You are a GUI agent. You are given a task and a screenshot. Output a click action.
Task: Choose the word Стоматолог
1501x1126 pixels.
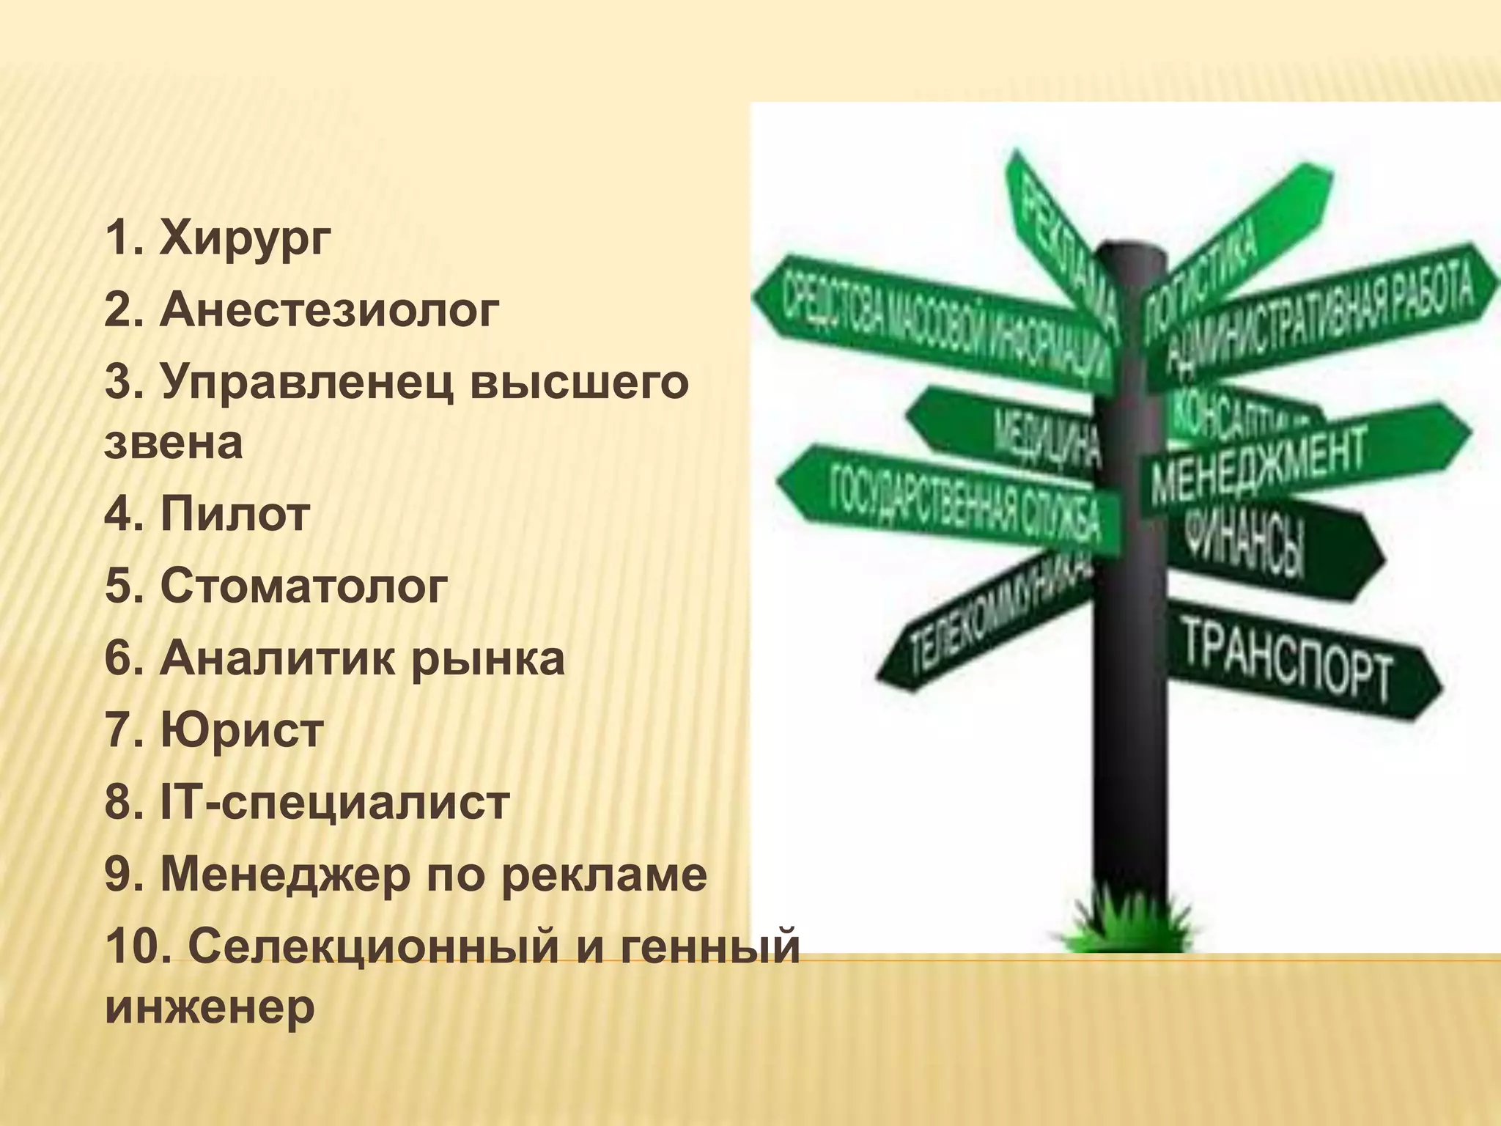click(x=303, y=586)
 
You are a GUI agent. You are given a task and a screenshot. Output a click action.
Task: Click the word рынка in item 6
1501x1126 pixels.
click(x=487, y=658)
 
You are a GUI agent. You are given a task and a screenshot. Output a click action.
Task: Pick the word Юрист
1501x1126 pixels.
click(x=242, y=730)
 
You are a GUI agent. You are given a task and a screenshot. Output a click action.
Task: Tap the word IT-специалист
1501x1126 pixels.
click(x=335, y=802)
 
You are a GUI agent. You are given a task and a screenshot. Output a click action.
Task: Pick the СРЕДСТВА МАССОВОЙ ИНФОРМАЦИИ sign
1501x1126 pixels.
click(x=938, y=323)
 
